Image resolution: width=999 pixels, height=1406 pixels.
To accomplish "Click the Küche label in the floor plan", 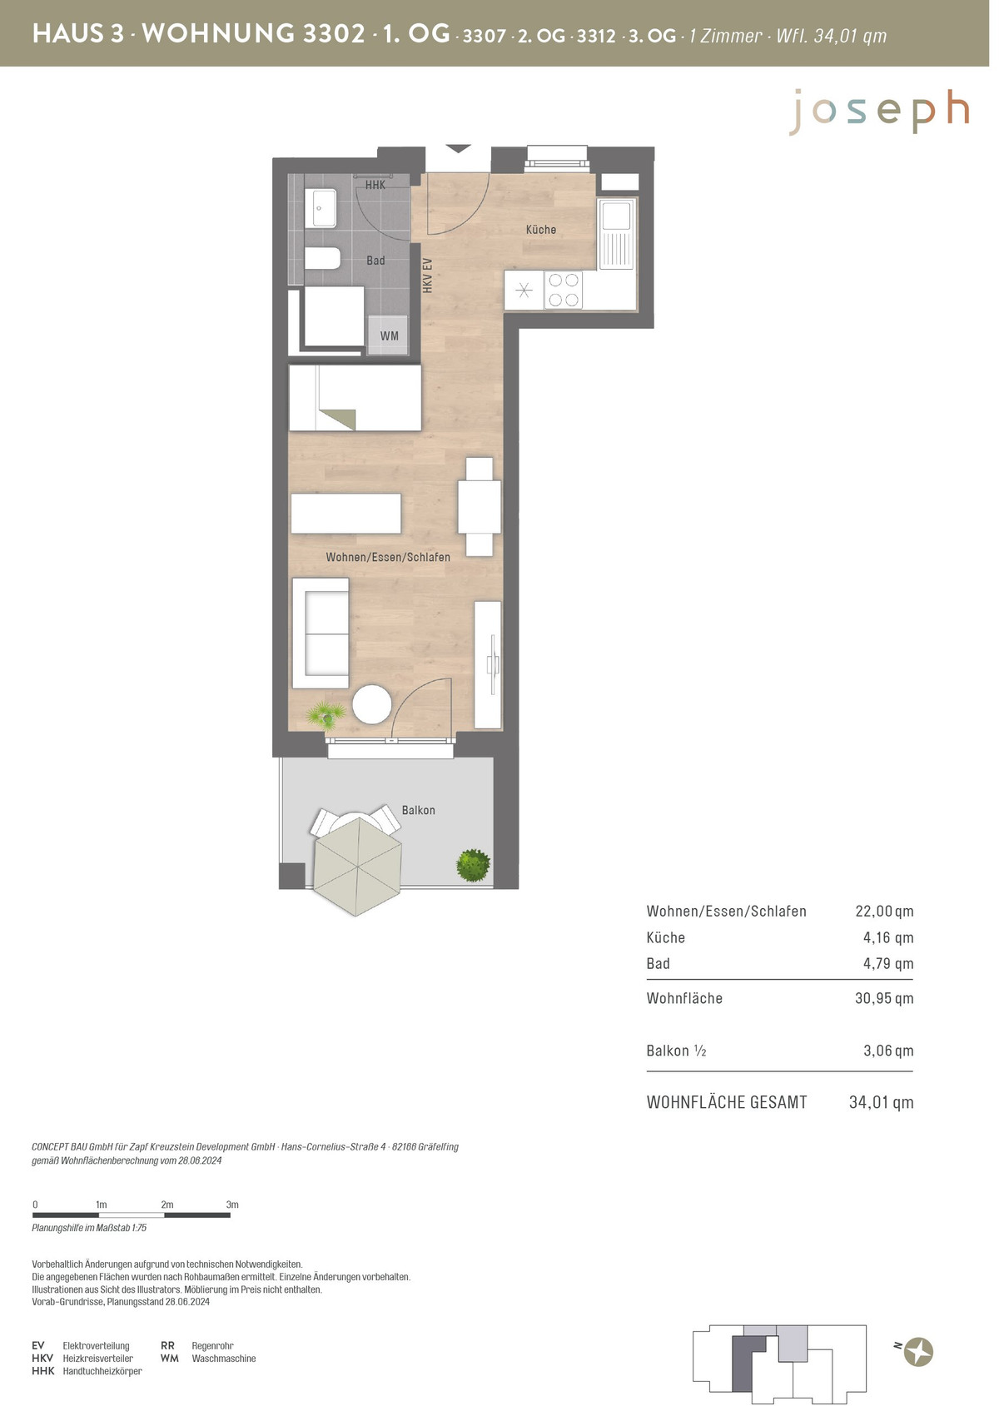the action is coord(540,230).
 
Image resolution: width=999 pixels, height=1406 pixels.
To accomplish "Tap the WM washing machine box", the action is coord(388,335).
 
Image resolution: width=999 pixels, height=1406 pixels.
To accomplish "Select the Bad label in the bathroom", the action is coord(375,261).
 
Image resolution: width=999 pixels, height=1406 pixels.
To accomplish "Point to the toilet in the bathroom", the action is coord(323,258).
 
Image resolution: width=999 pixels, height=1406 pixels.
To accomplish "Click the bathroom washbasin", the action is coord(321,208).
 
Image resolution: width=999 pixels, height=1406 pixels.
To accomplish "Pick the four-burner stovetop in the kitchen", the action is coord(564,290).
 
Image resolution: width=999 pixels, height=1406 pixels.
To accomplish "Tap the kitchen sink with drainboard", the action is coord(617,233).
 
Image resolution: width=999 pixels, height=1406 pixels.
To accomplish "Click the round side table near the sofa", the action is coord(372,703).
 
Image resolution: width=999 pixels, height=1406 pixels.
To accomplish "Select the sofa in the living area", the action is coord(321,633).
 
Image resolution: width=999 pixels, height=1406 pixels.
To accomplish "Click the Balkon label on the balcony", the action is coord(418,810).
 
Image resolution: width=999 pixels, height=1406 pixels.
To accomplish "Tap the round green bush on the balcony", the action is coord(474,866).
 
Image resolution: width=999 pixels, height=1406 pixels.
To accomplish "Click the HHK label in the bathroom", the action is coord(375,185).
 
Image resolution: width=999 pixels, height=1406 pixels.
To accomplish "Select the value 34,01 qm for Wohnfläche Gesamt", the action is coord(881,1102).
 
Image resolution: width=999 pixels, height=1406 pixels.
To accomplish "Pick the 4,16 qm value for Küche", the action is coord(887,938).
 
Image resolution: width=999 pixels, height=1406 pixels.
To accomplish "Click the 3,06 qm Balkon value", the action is coord(888,1051).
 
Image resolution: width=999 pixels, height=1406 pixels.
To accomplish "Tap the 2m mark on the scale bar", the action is coord(167,1205).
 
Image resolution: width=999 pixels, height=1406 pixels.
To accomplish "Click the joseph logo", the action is coord(879,112).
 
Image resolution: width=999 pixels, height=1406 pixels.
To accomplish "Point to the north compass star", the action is coord(918,1351).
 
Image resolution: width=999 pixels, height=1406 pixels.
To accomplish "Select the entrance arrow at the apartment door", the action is coord(459,149).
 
